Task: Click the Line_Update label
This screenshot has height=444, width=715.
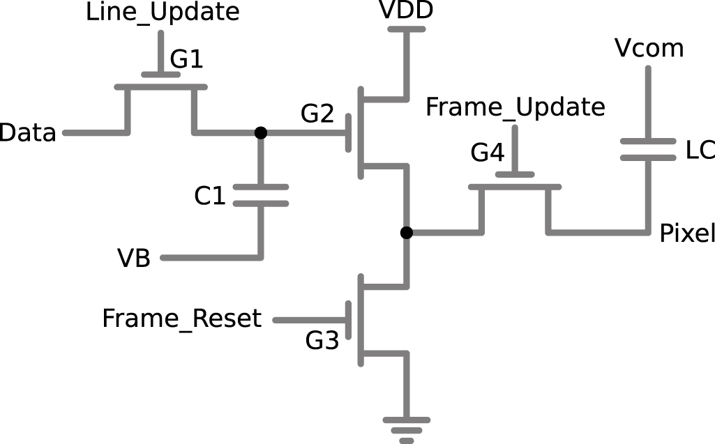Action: (x=163, y=13)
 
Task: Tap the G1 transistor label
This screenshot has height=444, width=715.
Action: (x=187, y=60)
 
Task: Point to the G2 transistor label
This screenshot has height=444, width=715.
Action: (x=317, y=113)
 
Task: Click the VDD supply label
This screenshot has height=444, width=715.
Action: (x=406, y=10)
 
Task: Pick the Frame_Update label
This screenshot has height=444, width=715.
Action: (x=515, y=107)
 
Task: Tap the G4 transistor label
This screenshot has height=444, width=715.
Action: (x=487, y=153)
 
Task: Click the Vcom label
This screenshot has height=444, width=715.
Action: (x=649, y=49)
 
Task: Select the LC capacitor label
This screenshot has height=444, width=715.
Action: (x=700, y=150)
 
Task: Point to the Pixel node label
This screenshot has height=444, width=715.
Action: (x=687, y=234)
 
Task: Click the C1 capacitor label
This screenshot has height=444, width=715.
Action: (x=210, y=197)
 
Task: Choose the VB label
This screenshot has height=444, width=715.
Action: (x=134, y=259)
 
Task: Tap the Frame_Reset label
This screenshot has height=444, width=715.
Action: (x=181, y=319)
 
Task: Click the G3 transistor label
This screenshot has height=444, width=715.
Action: (x=322, y=342)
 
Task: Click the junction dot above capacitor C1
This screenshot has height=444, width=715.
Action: (x=260, y=132)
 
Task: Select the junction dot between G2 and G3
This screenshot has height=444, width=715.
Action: (x=407, y=232)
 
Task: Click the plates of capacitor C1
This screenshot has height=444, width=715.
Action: (x=261, y=195)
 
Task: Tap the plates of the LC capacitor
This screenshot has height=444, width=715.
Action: (x=648, y=149)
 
